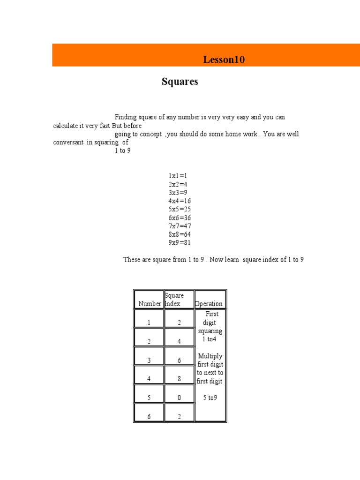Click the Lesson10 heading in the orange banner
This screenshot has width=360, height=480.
[x=224, y=60]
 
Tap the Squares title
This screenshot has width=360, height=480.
[x=180, y=82]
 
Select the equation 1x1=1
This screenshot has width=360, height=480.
[x=178, y=176]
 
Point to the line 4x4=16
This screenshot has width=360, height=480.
[x=180, y=201]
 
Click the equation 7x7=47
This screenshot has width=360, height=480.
[x=180, y=226]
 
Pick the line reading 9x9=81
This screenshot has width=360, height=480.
[x=180, y=243]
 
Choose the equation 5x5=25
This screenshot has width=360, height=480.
[x=180, y=210]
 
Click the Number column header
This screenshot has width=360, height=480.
[x=149, y=303]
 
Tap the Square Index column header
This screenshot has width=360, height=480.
[x=174, y=299]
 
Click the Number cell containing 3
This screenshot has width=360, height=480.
[x=149, y=360]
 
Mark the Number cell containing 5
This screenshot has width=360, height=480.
[x=149, y=397]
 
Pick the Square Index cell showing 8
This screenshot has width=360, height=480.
[x=179, y=379]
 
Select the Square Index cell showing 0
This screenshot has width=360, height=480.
[x=179, y=397]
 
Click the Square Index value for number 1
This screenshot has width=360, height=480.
[x=179, y=322]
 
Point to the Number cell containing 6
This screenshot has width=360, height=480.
[x=149, y=416]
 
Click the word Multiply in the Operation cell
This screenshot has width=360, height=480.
[x=210, y=356]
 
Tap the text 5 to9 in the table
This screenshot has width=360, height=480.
[x=210, y=397]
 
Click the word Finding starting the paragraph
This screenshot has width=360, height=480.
[x=124, y=117]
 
